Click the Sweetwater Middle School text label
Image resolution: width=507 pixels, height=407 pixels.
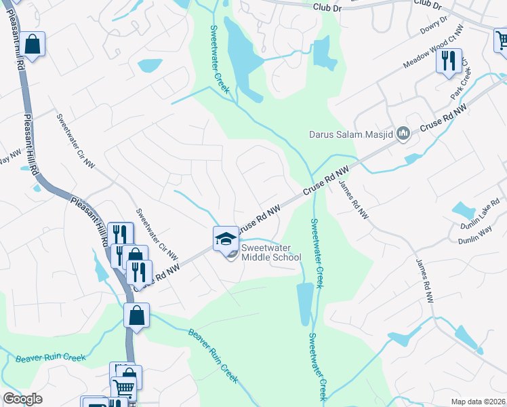tap(271, 252)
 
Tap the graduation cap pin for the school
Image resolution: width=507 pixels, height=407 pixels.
tap(226, 239)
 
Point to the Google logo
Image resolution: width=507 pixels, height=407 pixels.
tap(22, 399)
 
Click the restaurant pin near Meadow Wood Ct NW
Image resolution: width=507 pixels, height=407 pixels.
tap(449, 61)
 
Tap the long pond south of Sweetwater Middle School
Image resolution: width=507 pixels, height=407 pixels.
tap(305, 303)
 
